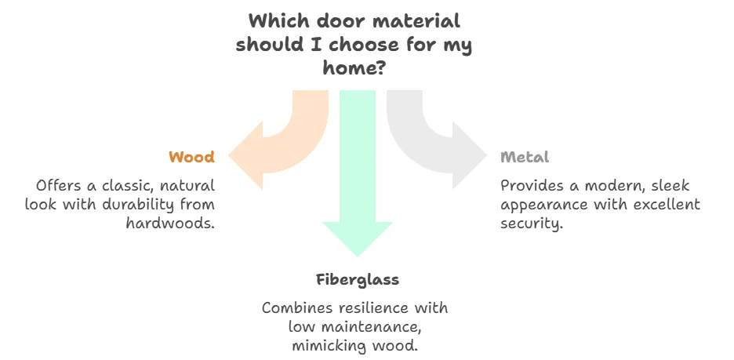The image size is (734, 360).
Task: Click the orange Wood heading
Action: click(x=191, y=157)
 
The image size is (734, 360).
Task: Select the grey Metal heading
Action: click(x=525, y=157)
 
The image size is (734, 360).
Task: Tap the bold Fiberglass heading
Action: click(x=358, y=279)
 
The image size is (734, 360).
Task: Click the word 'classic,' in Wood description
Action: click(x=120, y=186)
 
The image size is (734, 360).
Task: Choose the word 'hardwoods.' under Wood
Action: click(x=170, y=223)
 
